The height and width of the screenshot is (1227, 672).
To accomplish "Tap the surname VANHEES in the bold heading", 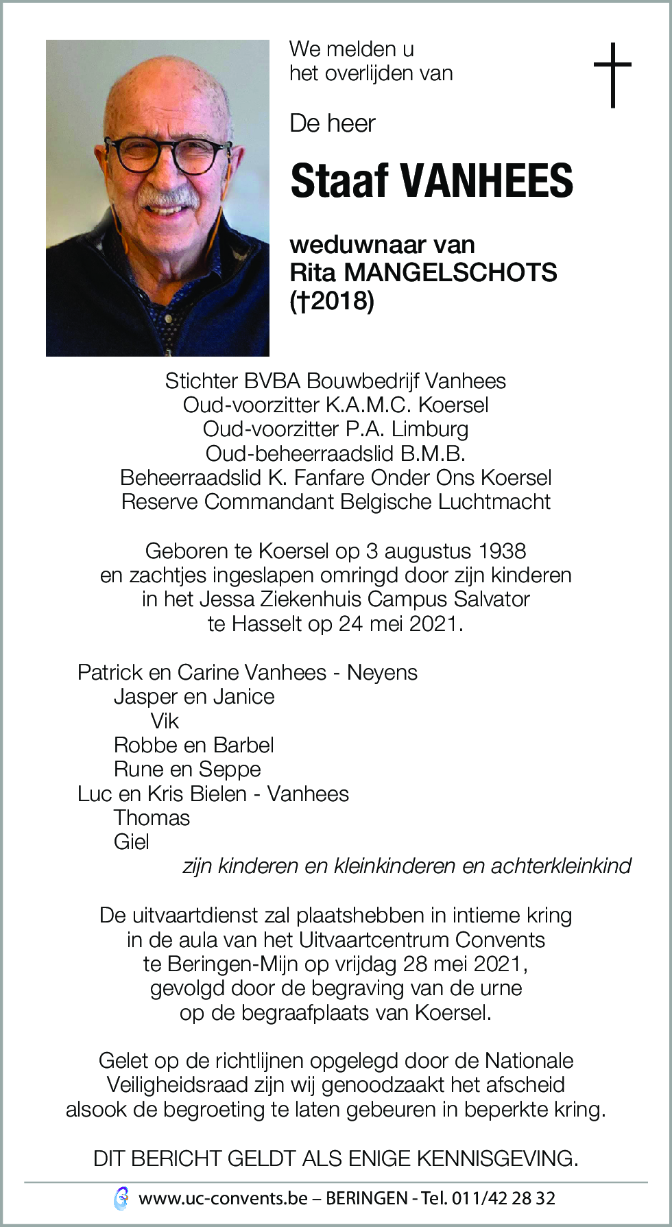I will tap(487, 182).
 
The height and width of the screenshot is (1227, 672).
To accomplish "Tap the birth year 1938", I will tap(503, 551).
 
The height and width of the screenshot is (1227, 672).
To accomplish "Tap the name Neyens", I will tap(382, 673).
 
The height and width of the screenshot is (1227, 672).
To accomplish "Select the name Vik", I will tap(165, 721).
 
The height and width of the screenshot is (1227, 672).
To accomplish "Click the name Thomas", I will tap(152, 818).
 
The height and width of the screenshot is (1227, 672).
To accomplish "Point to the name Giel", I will tap(131, 842).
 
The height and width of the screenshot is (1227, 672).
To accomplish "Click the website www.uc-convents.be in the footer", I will tap(223, 1199).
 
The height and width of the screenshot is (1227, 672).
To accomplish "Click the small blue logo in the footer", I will tap(121, 1198).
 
